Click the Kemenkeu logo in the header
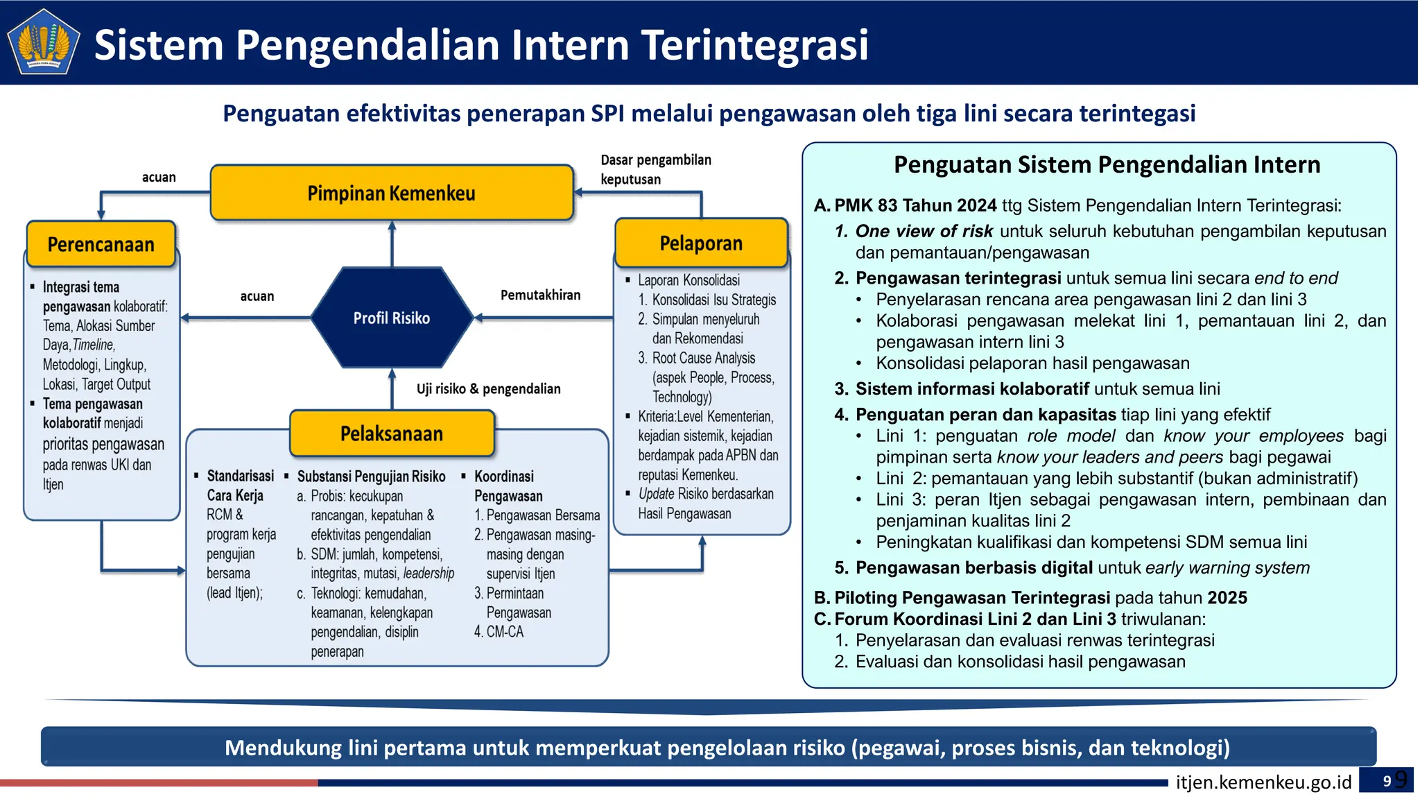coord(43,42)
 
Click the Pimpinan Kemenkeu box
coord(392,193)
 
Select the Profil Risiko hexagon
coord(392,318)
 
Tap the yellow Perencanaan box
coord(101,244)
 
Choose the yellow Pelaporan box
coord(701,243)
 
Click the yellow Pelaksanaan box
coord(392,433)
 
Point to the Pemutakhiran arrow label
coord(540,295)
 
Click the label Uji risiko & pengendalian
coord(488,388)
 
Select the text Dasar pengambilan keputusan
coord(655,169)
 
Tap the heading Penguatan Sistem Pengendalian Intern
coord(1107,164)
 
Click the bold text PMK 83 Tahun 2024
coord(915,205)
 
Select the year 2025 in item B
coord(1227,598)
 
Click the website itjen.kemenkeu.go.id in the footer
coord(1263,782)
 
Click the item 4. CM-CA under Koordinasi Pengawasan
coord(499,632)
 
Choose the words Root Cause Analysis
coord(703,358)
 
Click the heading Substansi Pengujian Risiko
coord(371,476)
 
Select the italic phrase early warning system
coord(1227,568)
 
